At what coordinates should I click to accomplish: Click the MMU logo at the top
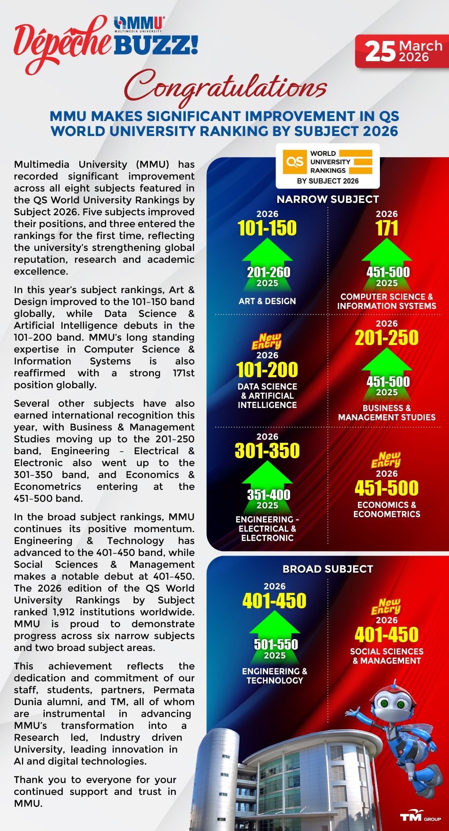click(139, 24)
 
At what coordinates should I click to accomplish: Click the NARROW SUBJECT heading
click(328, 199)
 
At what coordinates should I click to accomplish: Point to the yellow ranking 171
click(386, 228)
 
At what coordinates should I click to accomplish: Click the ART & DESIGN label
click(267, 301)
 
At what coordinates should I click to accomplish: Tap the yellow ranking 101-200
click(267, 370)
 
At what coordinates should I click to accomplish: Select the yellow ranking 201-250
click(386, 338)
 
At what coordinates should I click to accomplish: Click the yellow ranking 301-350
click(267, 451)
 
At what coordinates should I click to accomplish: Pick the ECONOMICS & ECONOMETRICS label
click(386, 509)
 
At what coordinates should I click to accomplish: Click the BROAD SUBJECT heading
click(328, 569)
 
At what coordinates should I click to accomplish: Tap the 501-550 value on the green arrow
click(276, 644)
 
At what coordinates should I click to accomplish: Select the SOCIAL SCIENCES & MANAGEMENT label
click(386, 656)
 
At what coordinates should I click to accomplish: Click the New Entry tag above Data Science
click(267, 341)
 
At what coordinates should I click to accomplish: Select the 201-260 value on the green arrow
click(269, 272)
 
